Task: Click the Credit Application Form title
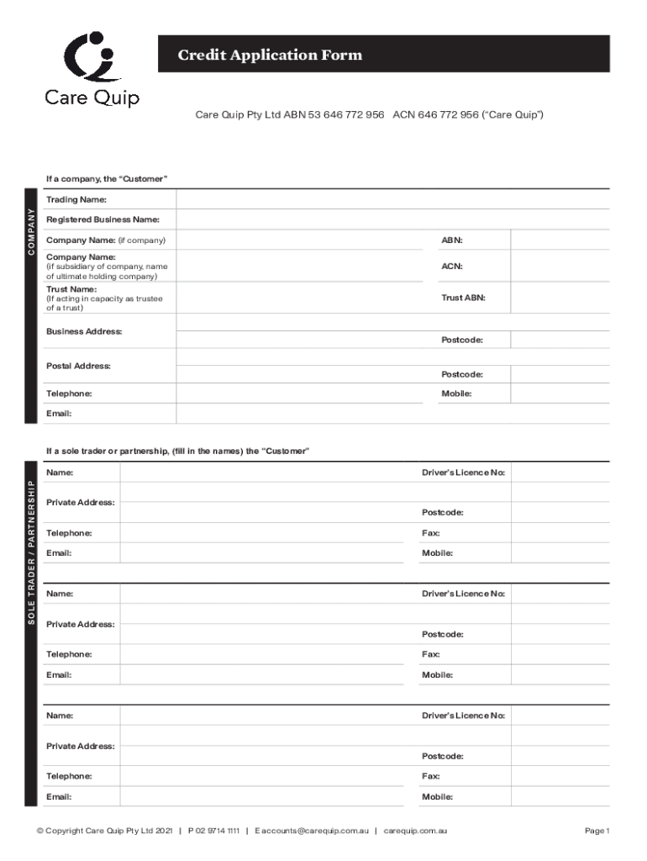tap(270, 55)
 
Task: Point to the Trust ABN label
tap(463, 298)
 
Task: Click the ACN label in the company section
tap(452, 266)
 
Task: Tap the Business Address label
tap(84, 331)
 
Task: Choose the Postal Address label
tap(78, 366)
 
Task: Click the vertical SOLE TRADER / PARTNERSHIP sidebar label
tap(32, 547)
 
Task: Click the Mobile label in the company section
tap(456, 394)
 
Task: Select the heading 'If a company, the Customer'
tap(107, 179)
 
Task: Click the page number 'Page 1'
tap(597, 831)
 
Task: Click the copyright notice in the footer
tap(104, 831)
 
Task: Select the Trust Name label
tap(71, 289)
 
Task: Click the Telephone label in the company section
tap(69, 394)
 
